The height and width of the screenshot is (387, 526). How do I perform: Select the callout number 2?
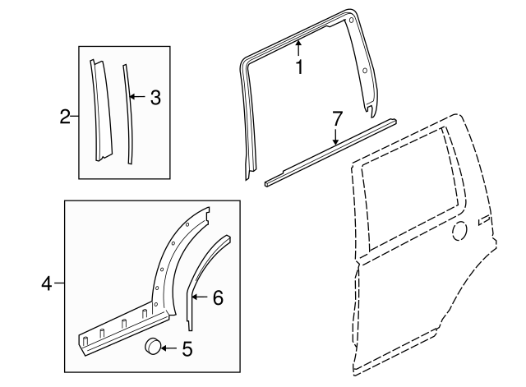[x=65, y=117]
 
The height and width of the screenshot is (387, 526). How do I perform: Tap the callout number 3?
[x=155, y=99]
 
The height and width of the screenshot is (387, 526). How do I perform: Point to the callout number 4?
[x=48, y=284]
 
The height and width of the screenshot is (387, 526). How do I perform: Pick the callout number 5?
[x=187, y=349]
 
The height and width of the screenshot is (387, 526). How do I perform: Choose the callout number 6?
[x=218, y=297]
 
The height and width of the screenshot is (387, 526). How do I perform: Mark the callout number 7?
[x=335, y=120]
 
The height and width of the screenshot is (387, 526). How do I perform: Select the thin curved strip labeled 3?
[x=129, y=115]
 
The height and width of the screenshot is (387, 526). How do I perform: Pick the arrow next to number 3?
[x=138, y=99]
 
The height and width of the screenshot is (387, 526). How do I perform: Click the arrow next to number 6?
[x=201, y=297]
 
